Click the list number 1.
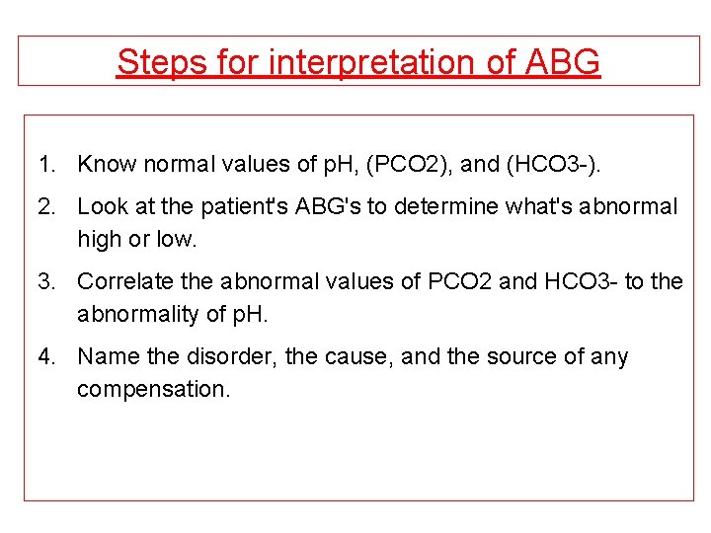click(x=46, y=164)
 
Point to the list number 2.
click(x=46, y=206)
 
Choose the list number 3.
click(x=46, y=281)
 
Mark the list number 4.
click(x=46, y=356)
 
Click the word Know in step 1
click(x=106, y=164)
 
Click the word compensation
click(x=153, y=389)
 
